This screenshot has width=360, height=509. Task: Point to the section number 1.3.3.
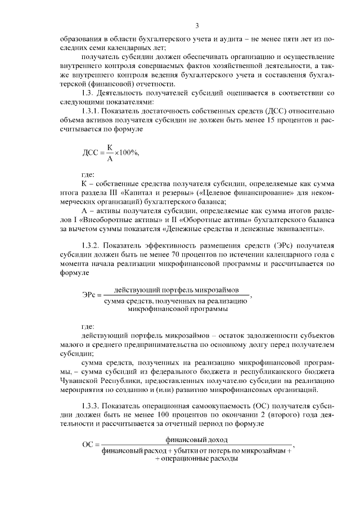(x=92, y=406)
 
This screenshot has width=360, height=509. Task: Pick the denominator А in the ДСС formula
(x=110, y=159)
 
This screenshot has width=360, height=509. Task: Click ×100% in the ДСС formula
(x=127, y=153)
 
